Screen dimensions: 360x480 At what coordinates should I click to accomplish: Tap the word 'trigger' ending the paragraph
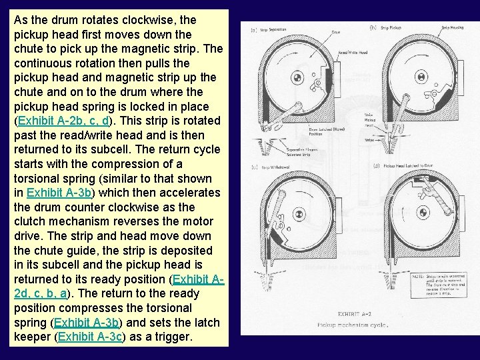pos(173,337)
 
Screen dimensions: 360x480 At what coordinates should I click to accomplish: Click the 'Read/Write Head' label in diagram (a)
pos(352,52)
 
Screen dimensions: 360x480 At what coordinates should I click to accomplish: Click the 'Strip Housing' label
pos(453,28)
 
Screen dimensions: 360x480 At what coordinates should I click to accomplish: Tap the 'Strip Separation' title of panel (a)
pos(273,30)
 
